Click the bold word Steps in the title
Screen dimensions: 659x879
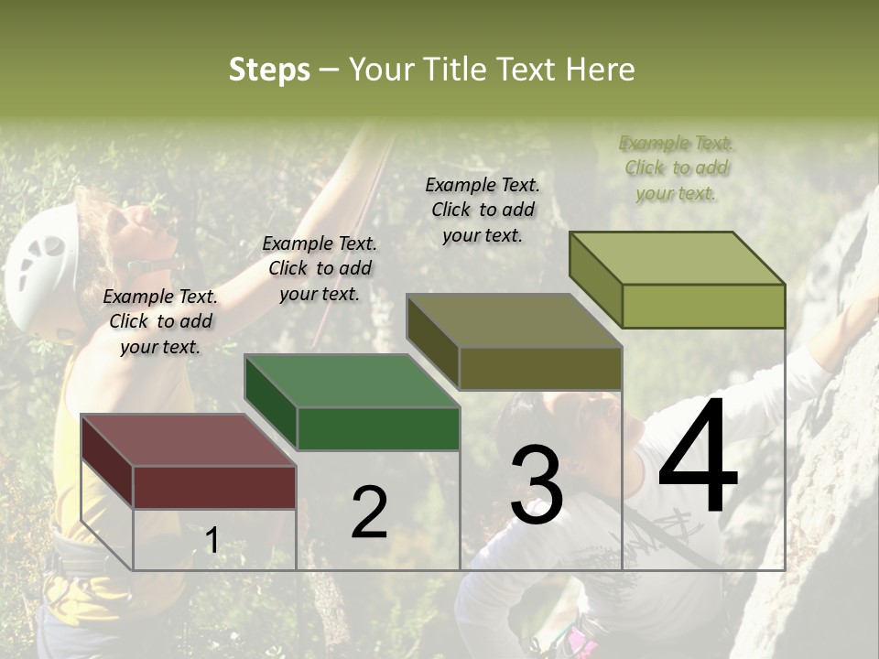click(x=269, y=70)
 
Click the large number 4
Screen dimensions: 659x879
click(x=699, y=459)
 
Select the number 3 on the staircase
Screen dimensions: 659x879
click(x=537, y=485)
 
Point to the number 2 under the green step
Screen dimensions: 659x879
click(x=369, y=513)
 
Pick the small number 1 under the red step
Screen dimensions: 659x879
click(x=212, y=540)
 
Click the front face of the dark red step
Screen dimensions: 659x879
click(x=214, y=487)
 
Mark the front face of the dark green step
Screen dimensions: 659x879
click(x=378, y=428)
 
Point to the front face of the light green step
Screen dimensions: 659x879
click(x=703, y=306)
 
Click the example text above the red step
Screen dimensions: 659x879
click(x=160, y=321)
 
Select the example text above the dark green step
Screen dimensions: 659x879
click(x=320, y=268)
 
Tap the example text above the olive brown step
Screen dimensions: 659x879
click(x=483, y=210)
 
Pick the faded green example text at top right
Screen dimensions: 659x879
click(x=676, y=167)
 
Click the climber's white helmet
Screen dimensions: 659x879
click(x=41, y=261)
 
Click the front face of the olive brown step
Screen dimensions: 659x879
click(x=540, y=368)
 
